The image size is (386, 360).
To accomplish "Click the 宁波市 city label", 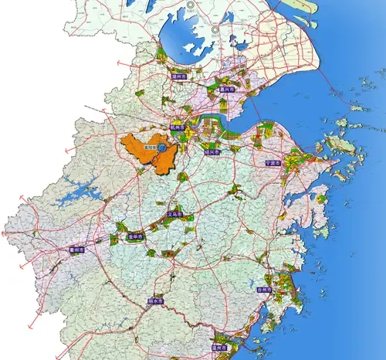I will click(x=272, y=164).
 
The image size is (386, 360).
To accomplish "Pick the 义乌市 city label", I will click(x=175, y=216).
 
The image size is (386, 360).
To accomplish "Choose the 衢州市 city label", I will click(x=76, y=251).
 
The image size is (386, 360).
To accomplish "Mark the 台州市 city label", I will click(x=264, y=289).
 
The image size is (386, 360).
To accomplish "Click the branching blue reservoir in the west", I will click(x=77, y=189).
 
